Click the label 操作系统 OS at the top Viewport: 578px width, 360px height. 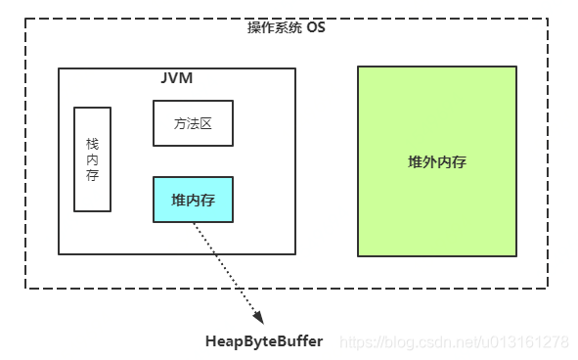tap(287, 27)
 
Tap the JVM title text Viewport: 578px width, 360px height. tap(177, 77)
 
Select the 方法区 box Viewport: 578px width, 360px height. tap(193, 123)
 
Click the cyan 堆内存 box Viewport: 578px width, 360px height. tap(193, 199)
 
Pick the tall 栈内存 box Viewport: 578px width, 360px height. tap(92, 159)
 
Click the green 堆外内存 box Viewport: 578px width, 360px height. tap(436, 161)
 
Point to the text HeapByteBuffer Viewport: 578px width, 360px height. tap(264, 341)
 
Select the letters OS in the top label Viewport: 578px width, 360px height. tap(316, 27)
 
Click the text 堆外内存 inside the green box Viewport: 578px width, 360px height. tap(436, 161)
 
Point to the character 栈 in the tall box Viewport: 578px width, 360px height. tap(92, 143)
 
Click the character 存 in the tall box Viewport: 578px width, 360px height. tap(92, 175)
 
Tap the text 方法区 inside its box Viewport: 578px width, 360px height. tap(193, 124)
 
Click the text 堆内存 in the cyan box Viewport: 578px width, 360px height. tap(193, 200)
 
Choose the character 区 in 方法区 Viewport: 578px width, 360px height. tap(206, 124)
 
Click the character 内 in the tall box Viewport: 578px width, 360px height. tap(92, 158)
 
